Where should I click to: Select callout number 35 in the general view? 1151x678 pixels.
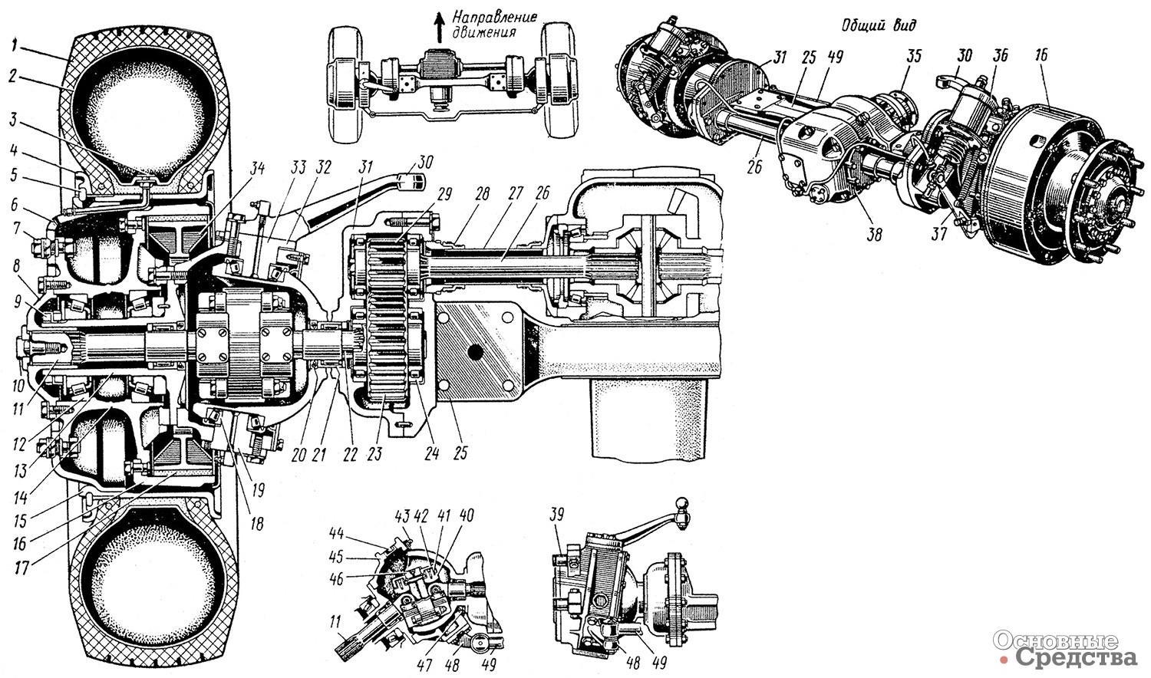913,57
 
